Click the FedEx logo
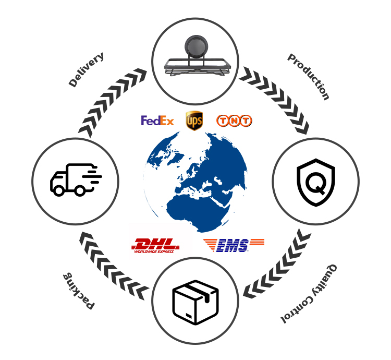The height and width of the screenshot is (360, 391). [x=157, y=121]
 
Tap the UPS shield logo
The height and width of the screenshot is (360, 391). [x=194, y=121]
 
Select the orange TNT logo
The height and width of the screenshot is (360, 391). [x=234, y=121]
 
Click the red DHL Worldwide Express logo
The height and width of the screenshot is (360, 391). [x=155, y=246]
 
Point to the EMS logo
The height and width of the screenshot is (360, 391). [x=234, y=245]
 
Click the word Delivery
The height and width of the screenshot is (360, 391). [x=86, y=69]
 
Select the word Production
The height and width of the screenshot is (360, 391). [x=309, y=77]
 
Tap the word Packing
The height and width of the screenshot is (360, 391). [x=79, y=291]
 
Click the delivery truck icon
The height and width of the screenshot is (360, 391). [x=76, y=179]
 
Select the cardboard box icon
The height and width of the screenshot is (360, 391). [x=195, y=303]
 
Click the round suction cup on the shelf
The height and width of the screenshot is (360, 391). [x=196, y=46]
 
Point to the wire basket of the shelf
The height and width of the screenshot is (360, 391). [x=197, y=67]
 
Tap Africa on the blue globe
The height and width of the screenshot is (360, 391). [x=197, y=212]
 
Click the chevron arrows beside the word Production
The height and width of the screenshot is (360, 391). [x=274, y=100]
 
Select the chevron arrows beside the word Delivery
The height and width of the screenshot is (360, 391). [x=112, y=102]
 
